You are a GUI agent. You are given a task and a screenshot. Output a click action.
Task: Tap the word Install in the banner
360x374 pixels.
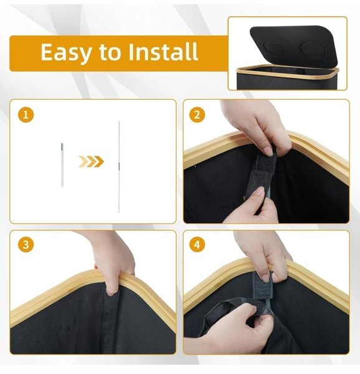coord(163,52)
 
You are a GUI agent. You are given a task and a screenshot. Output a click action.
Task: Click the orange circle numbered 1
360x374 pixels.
coord(26,115)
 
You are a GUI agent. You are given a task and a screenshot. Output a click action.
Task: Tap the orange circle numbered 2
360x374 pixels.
coord(197,115)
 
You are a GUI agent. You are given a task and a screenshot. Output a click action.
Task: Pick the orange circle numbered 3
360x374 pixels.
coord(26,245)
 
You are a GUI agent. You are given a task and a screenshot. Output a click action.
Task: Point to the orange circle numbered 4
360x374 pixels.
coord(197,245)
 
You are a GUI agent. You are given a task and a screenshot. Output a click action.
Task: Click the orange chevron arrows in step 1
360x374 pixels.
coord(92,161)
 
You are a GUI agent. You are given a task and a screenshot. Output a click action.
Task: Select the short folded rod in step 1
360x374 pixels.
coord(62,165)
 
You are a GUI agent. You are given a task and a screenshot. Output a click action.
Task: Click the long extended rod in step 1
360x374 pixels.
coord(119,166)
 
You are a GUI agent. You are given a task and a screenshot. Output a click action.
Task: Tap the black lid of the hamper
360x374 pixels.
coord(294,46)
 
